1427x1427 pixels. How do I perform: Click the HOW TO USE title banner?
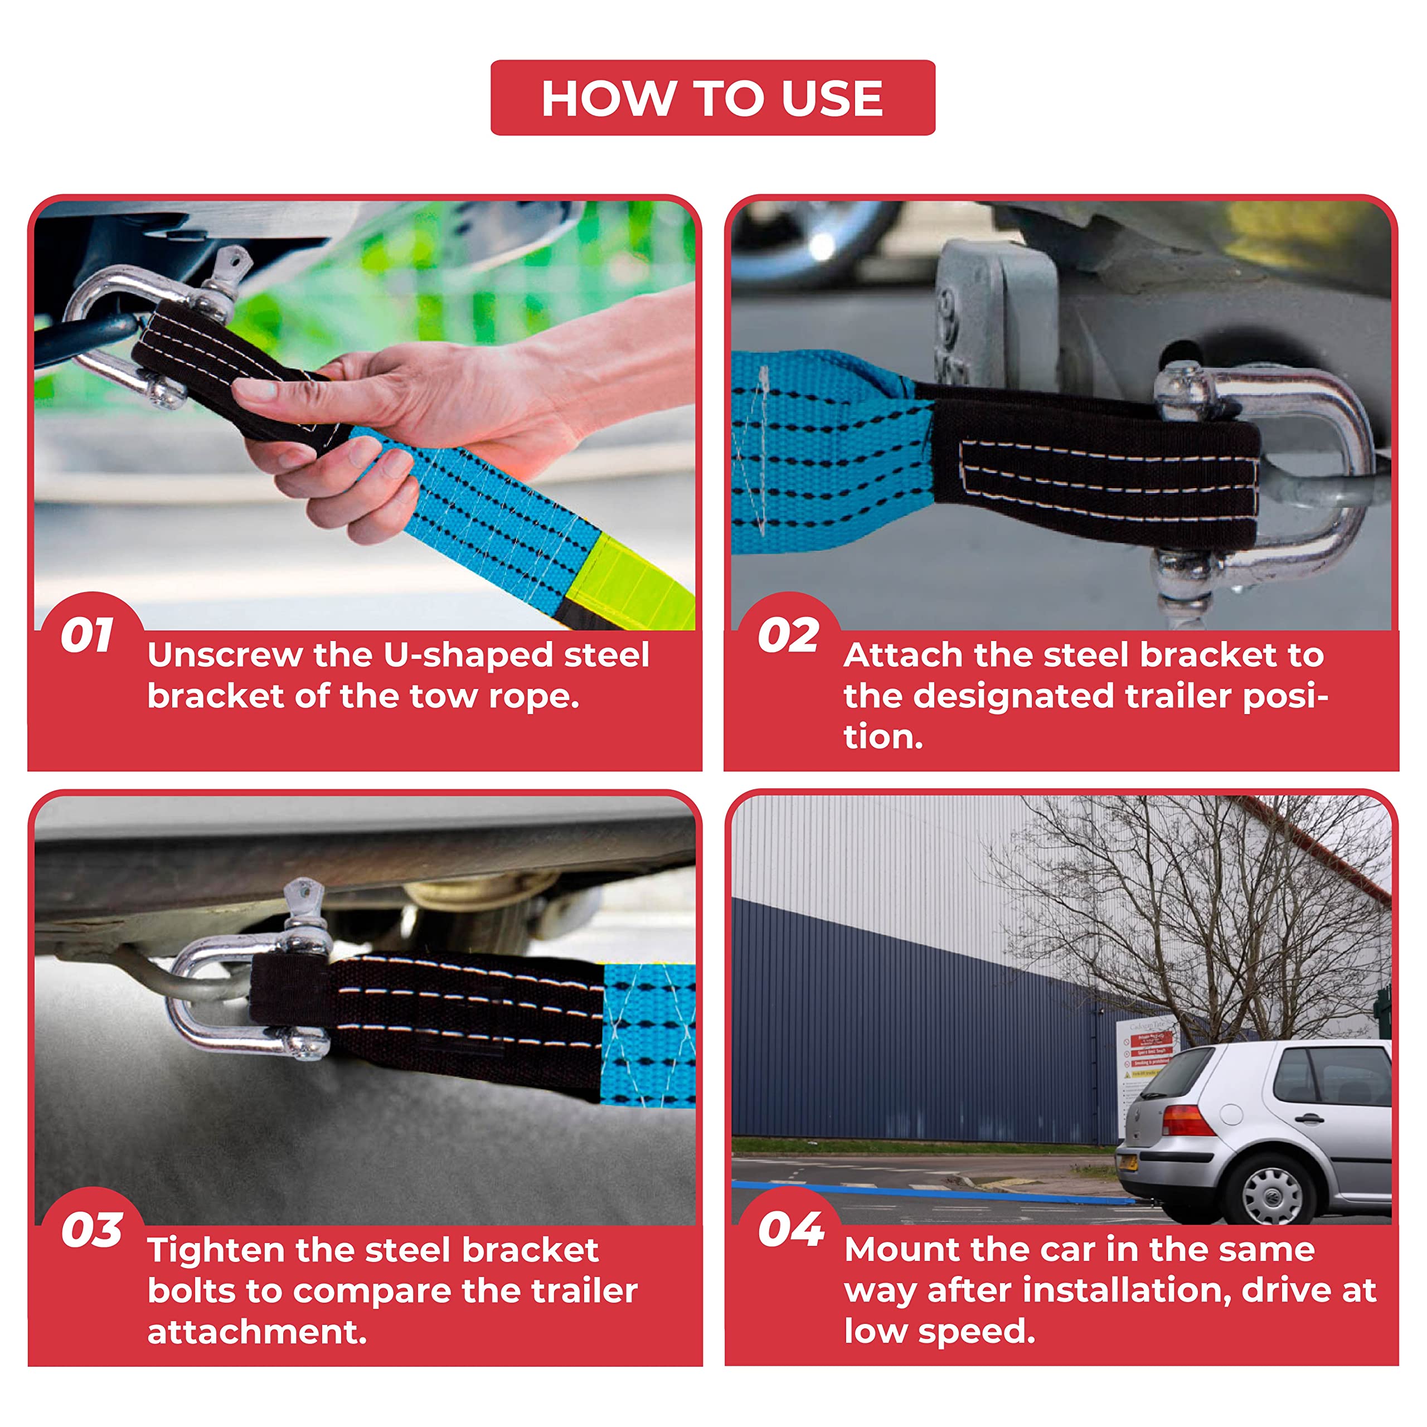pos(713,98)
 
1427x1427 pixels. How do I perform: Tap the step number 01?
pos(87,635)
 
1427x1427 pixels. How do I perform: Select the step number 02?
pos(788,635)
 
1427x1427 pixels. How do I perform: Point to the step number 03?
pos(91,1231)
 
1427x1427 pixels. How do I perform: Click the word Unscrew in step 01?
pos(225,655)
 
